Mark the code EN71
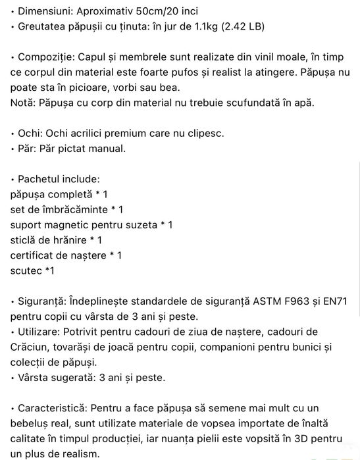click(x=336, y=301)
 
